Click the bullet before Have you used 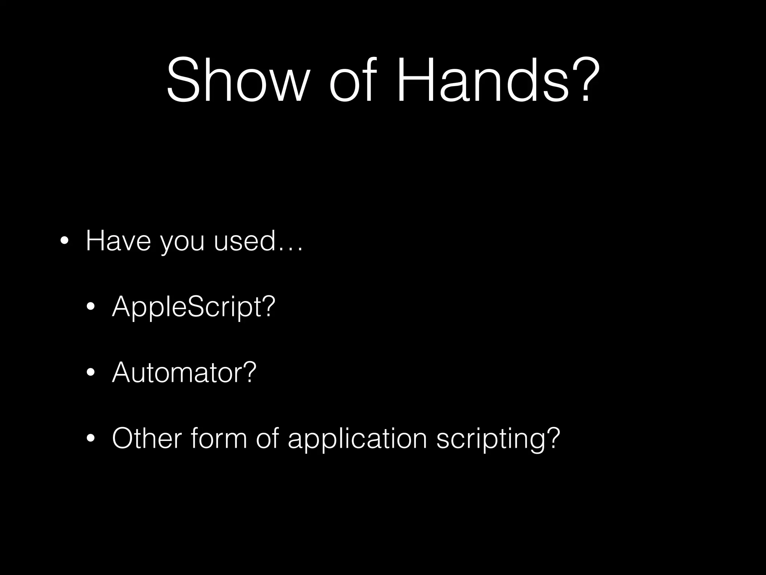[x=64, y=241]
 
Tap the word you [x=183, y=243]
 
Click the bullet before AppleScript [x=90, y=307]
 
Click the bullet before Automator [x=90, y=373]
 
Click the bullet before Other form [x=90, y=439]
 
